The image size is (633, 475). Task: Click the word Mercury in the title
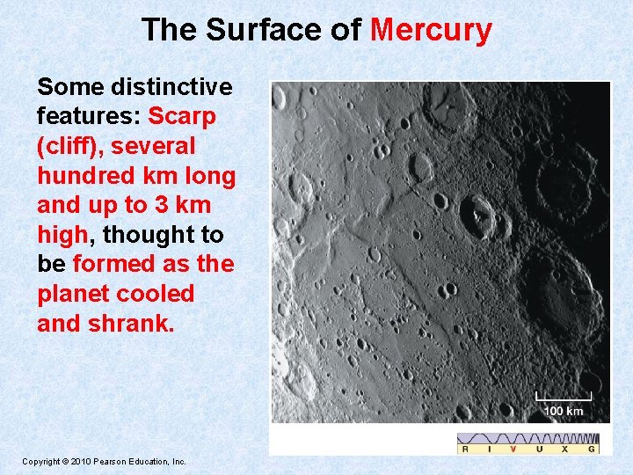coord(431,30)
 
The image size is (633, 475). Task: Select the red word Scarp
coord(182,116)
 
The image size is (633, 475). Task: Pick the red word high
coord(62,235)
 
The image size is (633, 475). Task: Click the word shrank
coord(130,323)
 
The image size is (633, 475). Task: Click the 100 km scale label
coord(563,411)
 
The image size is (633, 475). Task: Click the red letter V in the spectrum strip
coord(513,449)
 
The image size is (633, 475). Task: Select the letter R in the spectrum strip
coord(465,449)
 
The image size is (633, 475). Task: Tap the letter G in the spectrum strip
coord(592,449)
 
